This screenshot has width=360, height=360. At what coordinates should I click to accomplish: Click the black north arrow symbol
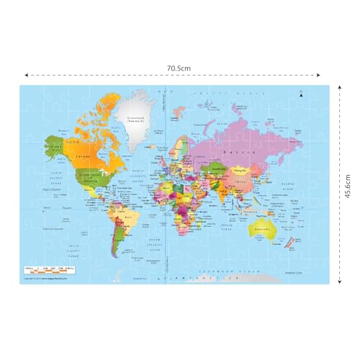(303, 94)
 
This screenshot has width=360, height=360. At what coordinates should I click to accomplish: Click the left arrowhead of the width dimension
(27, 74)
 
